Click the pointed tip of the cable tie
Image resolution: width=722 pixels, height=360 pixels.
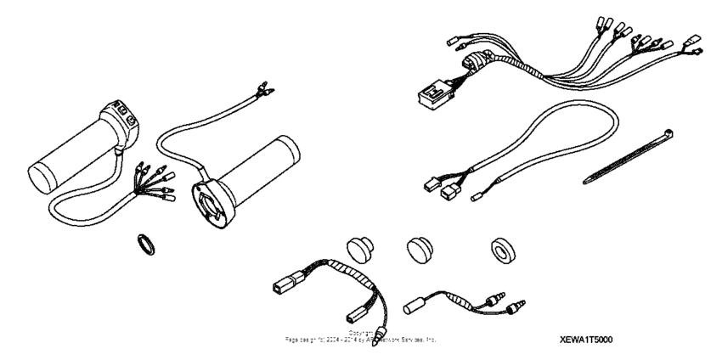(x=586, y=179)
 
